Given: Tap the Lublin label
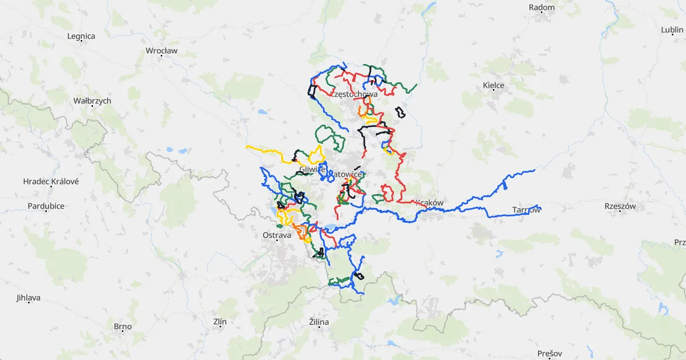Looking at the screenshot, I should [x=672, y=30].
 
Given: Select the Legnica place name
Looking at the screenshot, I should [x=81, y=36].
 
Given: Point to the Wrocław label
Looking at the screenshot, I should [x=162, y=50].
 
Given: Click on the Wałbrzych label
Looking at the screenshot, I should [x=93, y=101].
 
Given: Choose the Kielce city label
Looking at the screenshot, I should [x=493, y=85].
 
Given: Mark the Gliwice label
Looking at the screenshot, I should [x=312, y=169].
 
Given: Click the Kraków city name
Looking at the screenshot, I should [x=430, y=202].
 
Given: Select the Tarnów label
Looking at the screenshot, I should [x=526, y=210].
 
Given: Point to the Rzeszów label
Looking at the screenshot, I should [x=620, y=206].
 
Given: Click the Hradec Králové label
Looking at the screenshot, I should [x=51, y=181].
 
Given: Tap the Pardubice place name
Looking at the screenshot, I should [x=46, y=206].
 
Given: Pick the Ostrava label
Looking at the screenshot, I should [x=277, y=235].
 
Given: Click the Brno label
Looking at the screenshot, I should [x=122, y=327].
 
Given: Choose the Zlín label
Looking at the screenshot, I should [x=220, y=322].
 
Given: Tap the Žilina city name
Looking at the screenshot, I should [x=318, y=322].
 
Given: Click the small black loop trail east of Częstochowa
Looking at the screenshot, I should [x=400, y=112].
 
